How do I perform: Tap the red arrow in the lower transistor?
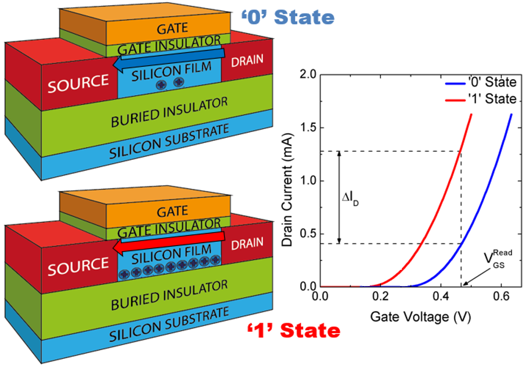pyautogui.click(x=168, y=248)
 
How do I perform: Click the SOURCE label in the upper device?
pyautogui.click(x=78, y=83)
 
